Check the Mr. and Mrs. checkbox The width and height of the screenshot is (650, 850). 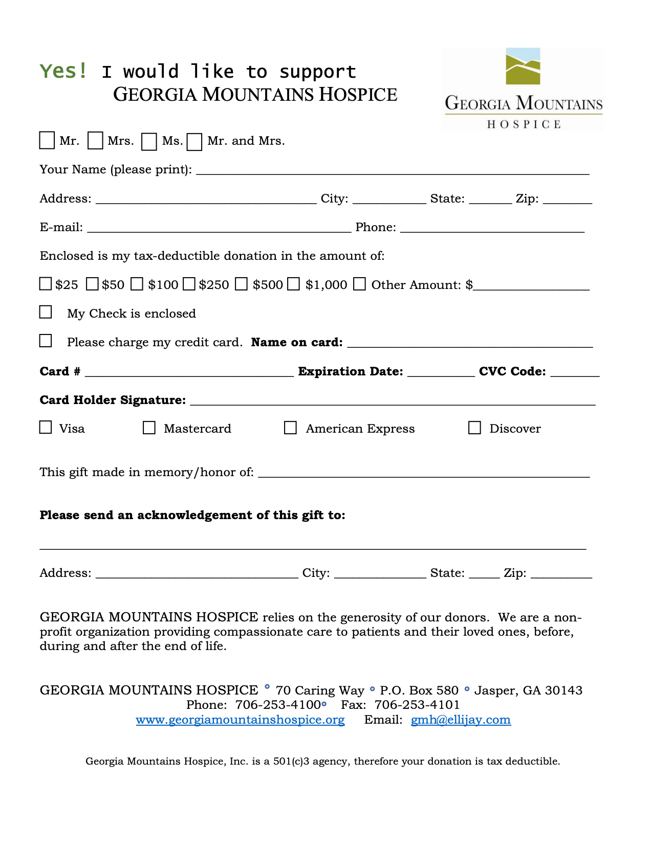pos(194,142)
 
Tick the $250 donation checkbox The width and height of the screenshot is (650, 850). pos(189,284)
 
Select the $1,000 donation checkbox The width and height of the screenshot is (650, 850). pos(293,284)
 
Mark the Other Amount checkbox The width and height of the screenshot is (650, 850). pos(360,284)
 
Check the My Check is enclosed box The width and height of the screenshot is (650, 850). pos(46,312)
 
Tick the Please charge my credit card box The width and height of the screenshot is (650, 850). pos(46,341)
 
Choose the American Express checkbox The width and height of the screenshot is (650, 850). pos(290,428)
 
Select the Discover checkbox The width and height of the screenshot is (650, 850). pos(474,428)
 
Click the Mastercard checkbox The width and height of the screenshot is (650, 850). pos(149,428)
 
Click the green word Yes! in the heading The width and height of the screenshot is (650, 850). pos(63,71)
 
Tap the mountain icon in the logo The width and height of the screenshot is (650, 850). pos(523,66)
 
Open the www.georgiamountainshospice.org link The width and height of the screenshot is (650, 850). pos(240,720)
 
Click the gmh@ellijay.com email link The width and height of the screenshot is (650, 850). pos(461,720)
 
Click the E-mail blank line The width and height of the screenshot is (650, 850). pos(219,229)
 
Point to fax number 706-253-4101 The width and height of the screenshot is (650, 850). pos(417,705)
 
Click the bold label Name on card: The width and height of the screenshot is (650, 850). pos(297,342)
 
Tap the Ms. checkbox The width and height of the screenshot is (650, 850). pos(149,142)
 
